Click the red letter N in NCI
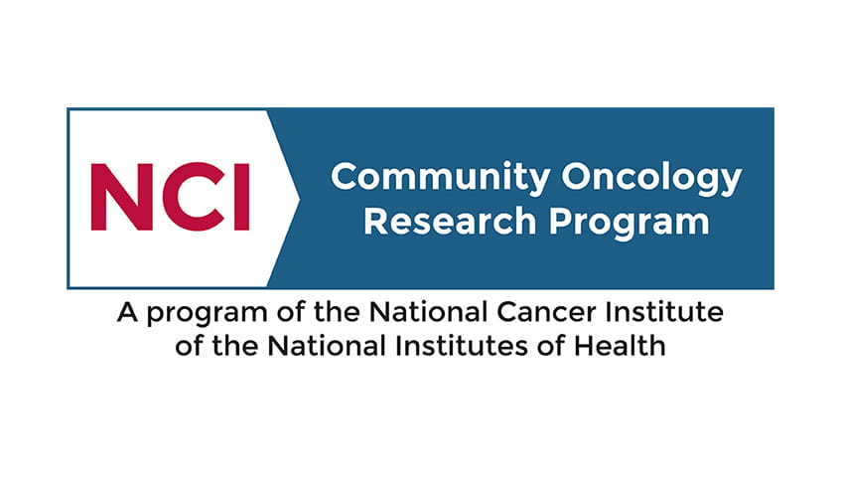point(122,197)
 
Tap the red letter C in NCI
point(194,197)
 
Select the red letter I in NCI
point(242,197)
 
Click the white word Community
point(440,178)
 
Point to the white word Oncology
point(651,178)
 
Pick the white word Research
point(450,222)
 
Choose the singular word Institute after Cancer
point(664,311)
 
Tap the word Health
point(620,346)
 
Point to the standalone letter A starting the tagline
point(127,311)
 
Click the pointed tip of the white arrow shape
point(300,199)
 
